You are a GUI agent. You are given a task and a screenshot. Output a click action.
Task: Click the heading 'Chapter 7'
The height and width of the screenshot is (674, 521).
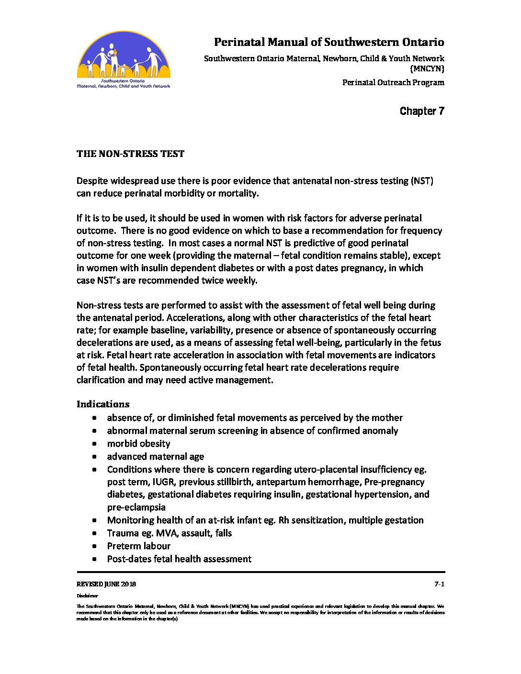[x=421, y=111]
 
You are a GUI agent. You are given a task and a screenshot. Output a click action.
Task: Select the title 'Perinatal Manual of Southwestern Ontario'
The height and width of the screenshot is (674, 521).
[x=328, y=42]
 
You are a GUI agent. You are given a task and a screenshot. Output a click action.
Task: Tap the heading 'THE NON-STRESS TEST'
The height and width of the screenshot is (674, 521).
[x=130, y=154]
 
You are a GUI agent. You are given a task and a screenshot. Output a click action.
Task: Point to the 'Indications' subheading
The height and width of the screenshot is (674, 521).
[x=103, y=404]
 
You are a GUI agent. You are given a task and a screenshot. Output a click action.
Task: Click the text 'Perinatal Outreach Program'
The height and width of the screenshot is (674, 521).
[x=393, y=82]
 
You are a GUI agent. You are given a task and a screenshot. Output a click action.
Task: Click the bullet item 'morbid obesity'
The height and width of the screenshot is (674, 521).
[x=138, y=444]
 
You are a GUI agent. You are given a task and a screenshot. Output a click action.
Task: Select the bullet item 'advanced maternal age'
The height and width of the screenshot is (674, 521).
[x=155, y=457]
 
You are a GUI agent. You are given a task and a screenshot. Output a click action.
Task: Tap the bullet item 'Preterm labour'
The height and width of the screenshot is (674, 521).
[x=138, y=546]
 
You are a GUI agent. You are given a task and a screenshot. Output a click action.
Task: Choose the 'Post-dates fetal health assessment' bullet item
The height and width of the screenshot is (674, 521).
[x=179, y=559]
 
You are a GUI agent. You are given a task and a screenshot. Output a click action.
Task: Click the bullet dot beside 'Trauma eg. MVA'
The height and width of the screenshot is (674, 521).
[x=95, y=533]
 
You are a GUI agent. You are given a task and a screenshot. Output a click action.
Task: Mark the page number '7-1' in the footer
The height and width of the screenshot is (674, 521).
[x=439, y=584]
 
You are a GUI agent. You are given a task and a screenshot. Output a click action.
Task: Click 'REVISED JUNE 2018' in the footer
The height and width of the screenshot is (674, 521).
[x=106, y=584]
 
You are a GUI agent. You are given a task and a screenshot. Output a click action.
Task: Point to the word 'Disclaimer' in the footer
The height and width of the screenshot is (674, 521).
[x=87, y=596]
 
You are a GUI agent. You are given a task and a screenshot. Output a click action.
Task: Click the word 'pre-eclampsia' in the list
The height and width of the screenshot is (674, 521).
[x=136, y=507]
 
